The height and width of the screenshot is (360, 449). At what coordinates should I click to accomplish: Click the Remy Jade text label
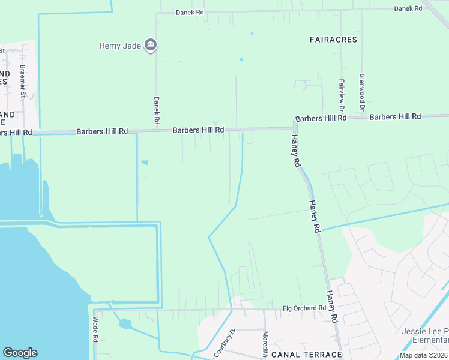point(121,46)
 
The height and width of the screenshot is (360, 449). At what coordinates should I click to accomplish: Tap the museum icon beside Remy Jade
point(151,46)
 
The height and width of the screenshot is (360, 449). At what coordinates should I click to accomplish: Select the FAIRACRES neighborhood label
point(333,40)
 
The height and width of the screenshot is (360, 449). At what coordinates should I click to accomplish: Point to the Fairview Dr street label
point(341,95)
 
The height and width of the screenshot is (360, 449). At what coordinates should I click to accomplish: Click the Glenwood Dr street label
point(361,93)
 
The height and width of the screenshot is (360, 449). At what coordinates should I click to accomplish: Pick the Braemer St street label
point(23,81)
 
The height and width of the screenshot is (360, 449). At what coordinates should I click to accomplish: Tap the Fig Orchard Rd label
point(304,308)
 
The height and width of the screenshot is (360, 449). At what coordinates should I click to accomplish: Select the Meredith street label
point(265,344)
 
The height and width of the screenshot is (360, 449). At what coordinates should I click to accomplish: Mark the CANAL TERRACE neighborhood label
point(306,355)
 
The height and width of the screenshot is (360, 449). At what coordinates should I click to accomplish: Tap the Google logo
point(20,353)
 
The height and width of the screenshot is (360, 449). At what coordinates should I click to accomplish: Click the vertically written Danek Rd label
point(156,110)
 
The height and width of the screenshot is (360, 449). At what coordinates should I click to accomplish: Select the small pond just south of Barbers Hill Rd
point(144,162)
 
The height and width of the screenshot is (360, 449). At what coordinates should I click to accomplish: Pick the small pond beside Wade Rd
point(125,324)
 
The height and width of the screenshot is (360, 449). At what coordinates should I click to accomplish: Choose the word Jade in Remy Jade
point(132,46)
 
